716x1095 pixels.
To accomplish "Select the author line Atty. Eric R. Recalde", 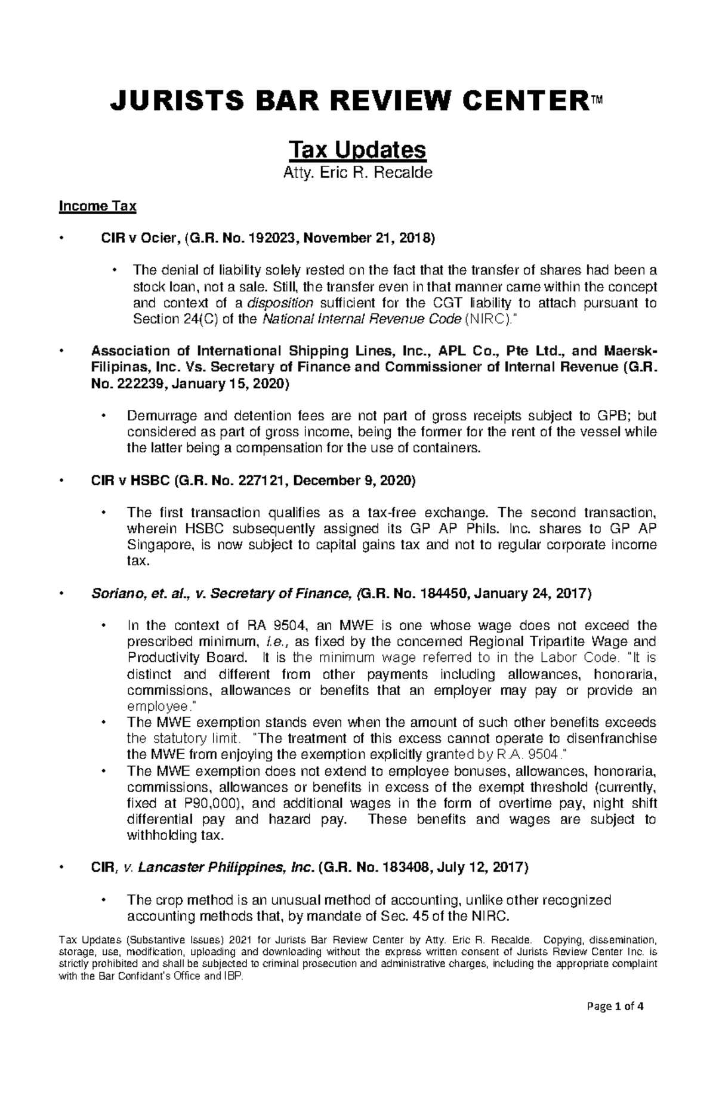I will click(x=357, y=174).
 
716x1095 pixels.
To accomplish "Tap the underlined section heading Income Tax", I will click(x=97, y=206).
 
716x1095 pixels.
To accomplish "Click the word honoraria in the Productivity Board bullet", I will click(x=624, y=675).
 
